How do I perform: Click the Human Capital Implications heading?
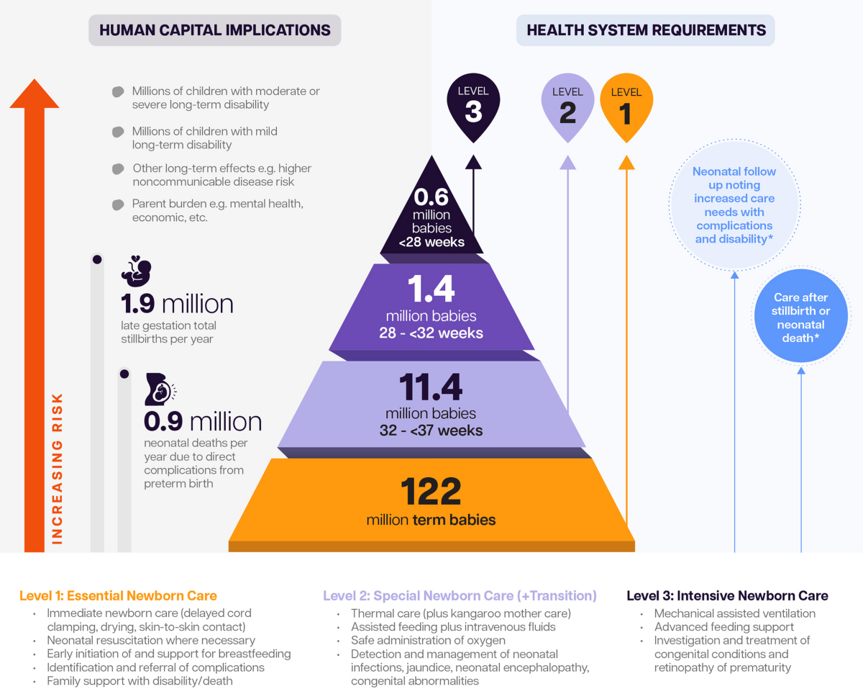pyautogui.click(x=214, y=30)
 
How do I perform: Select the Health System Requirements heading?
pyautogui.click(x=646, y=30)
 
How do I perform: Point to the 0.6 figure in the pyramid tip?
pyautogui.click(x=431, y=197)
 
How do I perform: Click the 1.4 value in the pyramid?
pyautogui.click(x=431, y=289)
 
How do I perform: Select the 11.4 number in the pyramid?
pyautogui.click(x=431, y=389)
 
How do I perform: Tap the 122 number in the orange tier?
pyautogui.click(x=431, y=492)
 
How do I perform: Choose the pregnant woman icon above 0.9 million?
pyautogui.click(x=160, y=389)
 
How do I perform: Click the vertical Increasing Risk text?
pyautogui.click(x=58, y=468)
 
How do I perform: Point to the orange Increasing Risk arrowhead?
pyautogui.click(x=34, y=94)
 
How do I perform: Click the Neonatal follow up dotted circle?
pyautogui.click(x=734, y=205)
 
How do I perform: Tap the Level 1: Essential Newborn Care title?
pyautogui.click(x=118, y=595)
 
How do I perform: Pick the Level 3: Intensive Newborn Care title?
pyautogui.click(x=727, y=595)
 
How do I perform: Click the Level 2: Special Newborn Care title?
pyautogui.click(x=460, y=595)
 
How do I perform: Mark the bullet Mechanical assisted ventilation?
pyautogui.click(x=734, y=613)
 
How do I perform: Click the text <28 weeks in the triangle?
pyautogui.click(x=431, y=242)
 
